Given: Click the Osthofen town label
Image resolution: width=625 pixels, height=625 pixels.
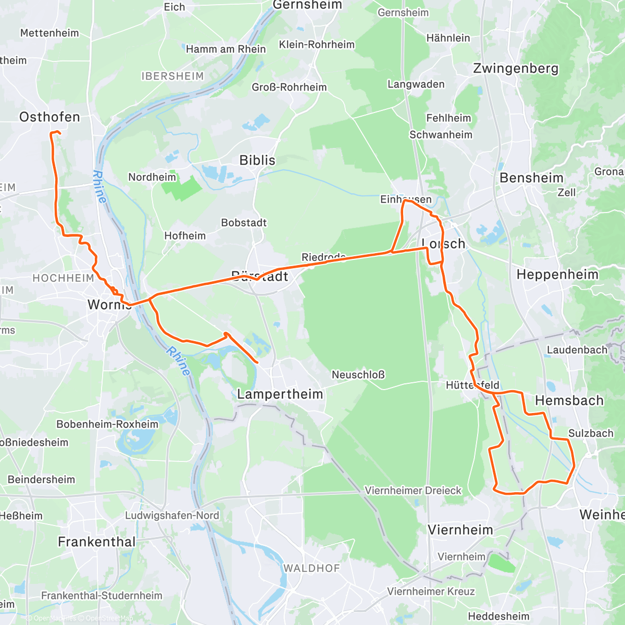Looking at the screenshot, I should tap(49, 117).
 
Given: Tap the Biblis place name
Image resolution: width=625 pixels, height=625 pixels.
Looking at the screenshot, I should tap(257, 160).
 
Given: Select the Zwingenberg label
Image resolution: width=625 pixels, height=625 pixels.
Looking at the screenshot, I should tap(516, 69).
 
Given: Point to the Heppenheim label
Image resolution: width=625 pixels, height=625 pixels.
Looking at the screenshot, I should tap(557, 274).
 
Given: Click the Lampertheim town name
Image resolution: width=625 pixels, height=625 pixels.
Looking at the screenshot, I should tap(280, 394).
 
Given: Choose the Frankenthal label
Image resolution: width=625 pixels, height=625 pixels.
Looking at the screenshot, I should tap(96, 542).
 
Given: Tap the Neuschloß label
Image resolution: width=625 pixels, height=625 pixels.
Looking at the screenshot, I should tap(358, 374).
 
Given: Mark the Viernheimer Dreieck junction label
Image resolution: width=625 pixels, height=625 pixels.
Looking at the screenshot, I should tap(413, 491).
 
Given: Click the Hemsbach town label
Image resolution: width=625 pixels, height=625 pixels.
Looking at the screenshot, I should tap(569, 401).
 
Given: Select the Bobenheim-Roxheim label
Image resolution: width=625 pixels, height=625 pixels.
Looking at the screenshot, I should tap(107, 424).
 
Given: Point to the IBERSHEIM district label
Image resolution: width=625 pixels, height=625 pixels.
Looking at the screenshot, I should tap(172, 77).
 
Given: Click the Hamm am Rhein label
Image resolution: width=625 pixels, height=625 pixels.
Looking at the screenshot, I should tap(226, 49).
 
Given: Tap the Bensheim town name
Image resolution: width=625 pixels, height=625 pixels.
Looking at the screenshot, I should tap(531, 178).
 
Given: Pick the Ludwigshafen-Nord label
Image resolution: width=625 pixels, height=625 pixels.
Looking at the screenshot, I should tap(172, 516).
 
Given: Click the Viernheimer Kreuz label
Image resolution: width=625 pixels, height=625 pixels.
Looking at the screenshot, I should tap(431, 592).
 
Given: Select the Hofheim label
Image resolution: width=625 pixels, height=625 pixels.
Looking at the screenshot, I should tap(185, 236).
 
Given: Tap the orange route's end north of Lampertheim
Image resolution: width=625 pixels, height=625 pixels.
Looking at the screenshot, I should tap(257, 362).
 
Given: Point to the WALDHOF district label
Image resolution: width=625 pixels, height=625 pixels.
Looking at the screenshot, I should tap(311, 568).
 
